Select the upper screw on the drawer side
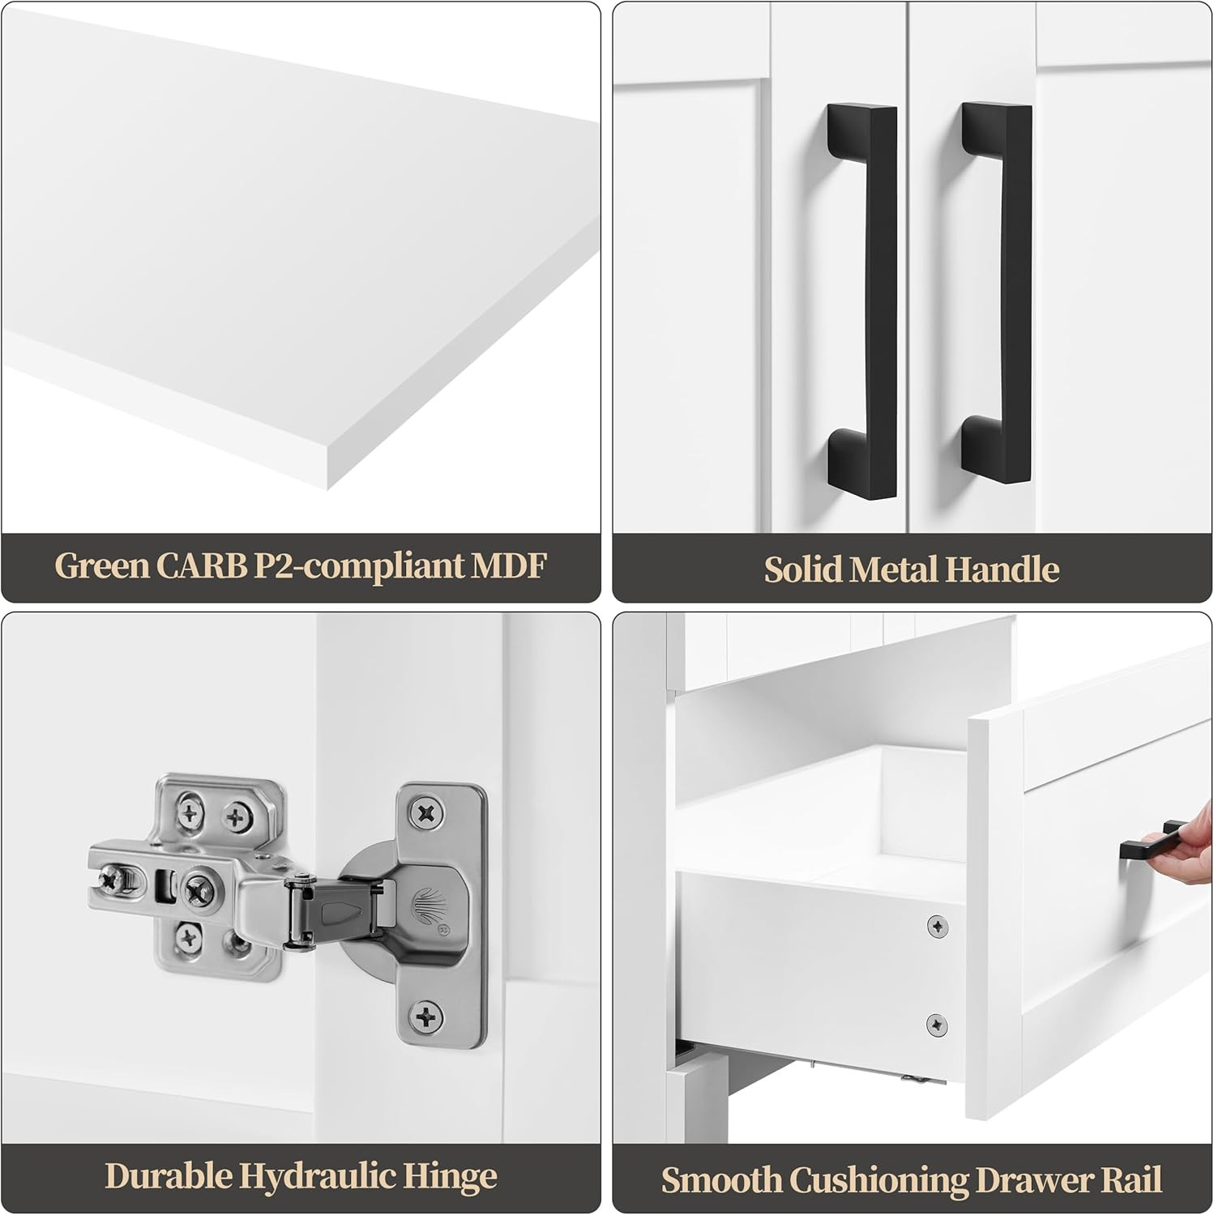coord(938,925)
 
